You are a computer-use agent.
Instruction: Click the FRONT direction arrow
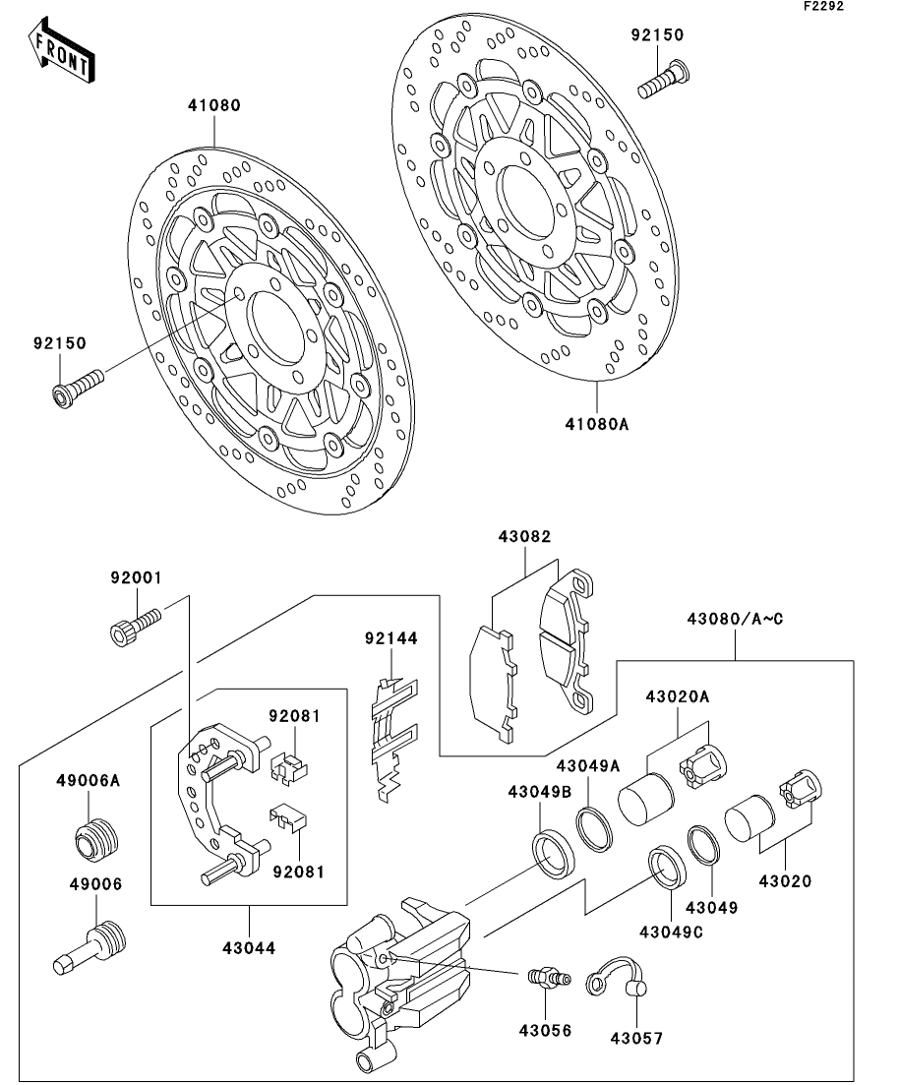coord(62,50)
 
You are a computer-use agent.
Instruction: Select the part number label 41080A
coord(597,424)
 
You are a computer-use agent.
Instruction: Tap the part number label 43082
coord(524,537)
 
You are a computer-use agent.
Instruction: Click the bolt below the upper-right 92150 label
coord(663,81)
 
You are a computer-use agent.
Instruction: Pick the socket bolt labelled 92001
coord(135,625)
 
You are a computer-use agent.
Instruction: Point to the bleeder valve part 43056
coord(549,977)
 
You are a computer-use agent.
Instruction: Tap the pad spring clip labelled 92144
coord(393,741)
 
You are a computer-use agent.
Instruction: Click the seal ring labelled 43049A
coord(594,827)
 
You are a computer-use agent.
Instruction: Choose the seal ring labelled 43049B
coord(553,855)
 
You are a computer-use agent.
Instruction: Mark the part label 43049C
coord(671,933)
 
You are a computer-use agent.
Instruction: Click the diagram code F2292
coord(823,6)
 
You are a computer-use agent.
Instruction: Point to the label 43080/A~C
coord(735,620)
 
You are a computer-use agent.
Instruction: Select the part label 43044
coord(249,948)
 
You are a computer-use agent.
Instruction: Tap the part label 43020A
coord(678,696)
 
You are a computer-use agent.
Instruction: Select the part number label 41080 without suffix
coord(213,106)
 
